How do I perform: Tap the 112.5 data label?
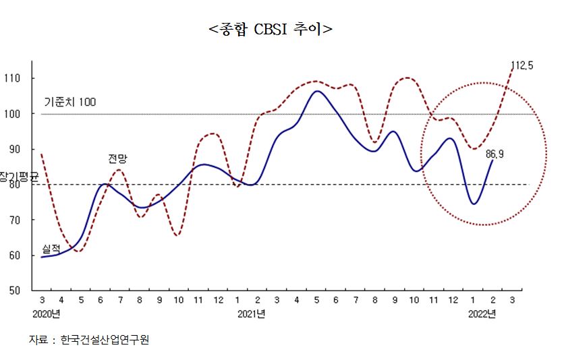pos(522,65)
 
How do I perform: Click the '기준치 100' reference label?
pos(70,102)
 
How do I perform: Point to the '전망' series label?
pos(117,159)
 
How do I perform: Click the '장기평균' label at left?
pos(20,176)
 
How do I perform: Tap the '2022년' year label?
pos(482,314)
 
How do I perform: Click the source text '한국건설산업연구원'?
pos(105,340)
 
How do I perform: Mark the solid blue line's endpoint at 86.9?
pos(492,160)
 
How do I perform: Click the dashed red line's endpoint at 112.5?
pos(512,69)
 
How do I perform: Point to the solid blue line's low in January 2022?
pos(474,204)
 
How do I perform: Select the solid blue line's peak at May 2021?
pos(317,91)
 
